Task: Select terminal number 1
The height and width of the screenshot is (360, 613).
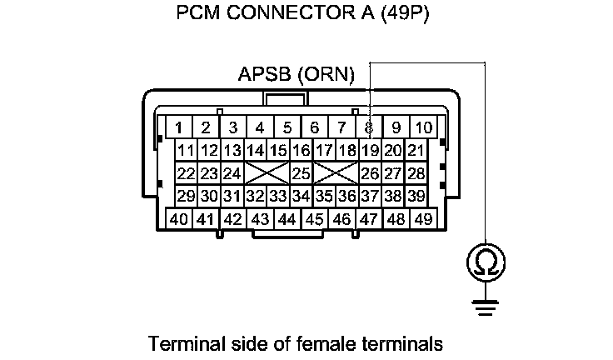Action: pos(178,127)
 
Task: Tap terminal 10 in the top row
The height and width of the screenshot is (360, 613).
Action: pos(424,127)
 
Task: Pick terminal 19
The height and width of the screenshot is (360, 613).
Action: pos(371,150)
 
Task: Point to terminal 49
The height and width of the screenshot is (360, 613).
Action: pos(424,219)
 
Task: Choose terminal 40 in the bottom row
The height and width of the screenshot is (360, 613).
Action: pos(178,219)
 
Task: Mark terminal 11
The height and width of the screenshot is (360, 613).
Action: pos(186,150)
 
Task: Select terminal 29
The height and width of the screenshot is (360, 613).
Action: pos(186,197)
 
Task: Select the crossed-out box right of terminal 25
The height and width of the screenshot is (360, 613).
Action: pos(336,173)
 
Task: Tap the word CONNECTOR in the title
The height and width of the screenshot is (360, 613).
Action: pos(292,14)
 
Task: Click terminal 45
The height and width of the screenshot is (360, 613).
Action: pos(315,219)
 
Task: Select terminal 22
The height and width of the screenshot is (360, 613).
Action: pos(186,173)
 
